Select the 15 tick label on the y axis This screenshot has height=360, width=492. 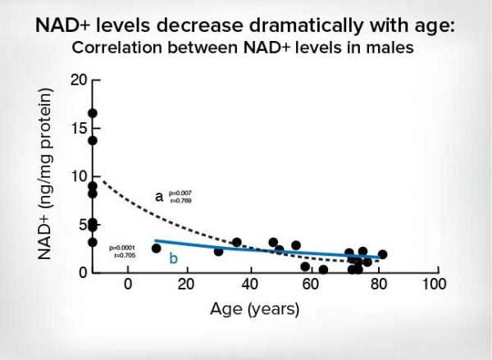coord(80,128)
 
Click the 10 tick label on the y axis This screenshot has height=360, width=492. coord(80,176)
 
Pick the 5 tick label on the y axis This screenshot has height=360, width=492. coord(83,224)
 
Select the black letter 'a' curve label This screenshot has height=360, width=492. coord(160,198)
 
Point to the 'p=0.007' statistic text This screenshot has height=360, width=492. coord(180,193)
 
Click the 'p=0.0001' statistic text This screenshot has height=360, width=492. coord(123,247)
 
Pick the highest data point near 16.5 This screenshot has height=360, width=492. coord(93,113)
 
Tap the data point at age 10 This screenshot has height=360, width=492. coord(157,248)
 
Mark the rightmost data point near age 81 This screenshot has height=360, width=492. coord(382,254)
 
